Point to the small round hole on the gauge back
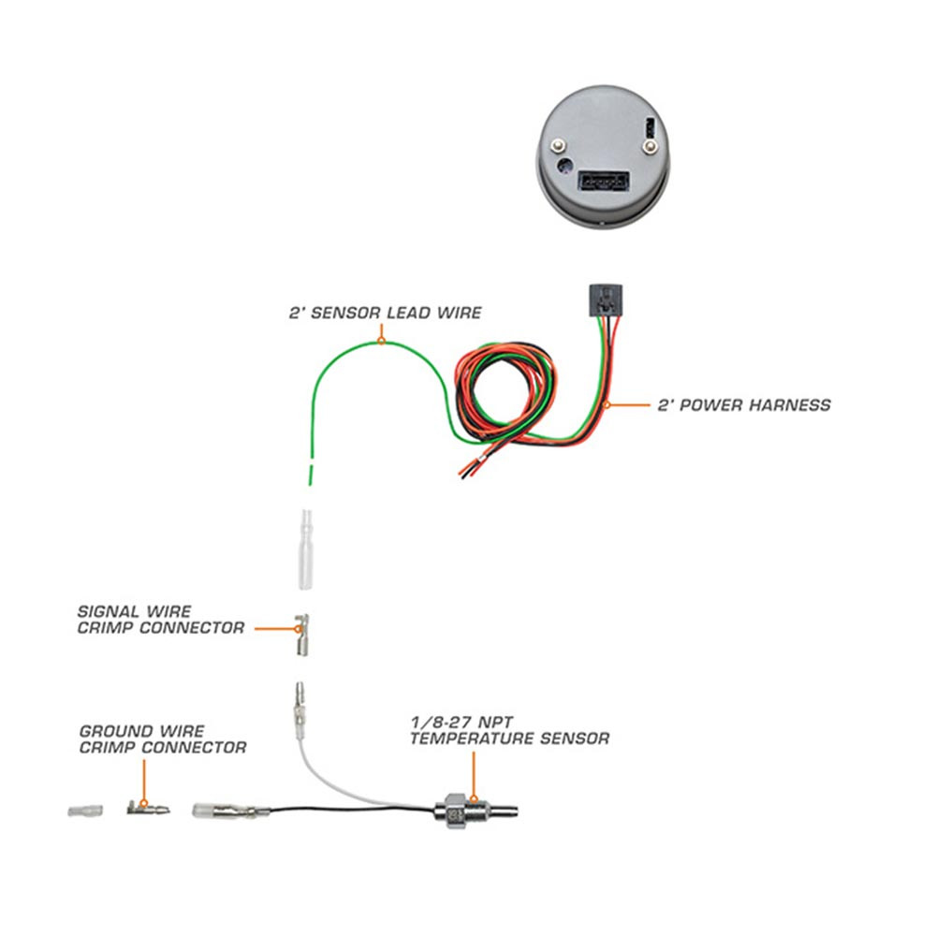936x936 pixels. point(565,168)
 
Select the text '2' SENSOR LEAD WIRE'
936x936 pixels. point(385,313)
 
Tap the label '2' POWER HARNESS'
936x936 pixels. point(744,405)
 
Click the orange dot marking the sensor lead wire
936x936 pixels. point(381,342)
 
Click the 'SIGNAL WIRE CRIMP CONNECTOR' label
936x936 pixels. point(161,620)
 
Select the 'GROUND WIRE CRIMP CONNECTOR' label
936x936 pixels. point(163,739)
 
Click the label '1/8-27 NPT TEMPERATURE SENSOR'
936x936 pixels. point(508,731)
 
